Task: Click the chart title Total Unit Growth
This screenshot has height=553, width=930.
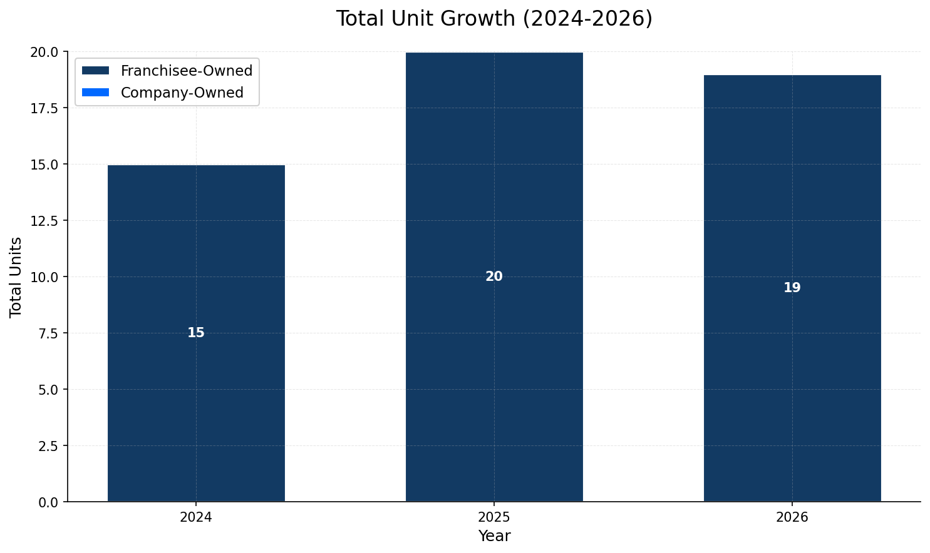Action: coord(493,19)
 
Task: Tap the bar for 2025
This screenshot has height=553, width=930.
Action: coord(494,375)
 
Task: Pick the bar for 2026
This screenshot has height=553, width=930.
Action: coord(792,388)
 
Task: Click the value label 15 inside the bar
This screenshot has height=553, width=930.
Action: coord(196,333)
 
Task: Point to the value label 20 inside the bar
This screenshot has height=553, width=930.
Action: coord(494,276)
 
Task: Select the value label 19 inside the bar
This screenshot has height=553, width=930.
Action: coord(792,288)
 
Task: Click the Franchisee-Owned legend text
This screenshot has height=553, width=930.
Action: coord(186,71)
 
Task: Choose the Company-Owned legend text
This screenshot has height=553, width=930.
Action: coord(182,93)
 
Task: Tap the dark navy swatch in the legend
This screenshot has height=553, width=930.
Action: coord(95,71)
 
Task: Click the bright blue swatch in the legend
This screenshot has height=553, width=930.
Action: coord(95,93)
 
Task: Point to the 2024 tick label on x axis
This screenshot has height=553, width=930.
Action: coord(196,517)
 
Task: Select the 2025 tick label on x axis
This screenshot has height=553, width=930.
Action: coord(494,517)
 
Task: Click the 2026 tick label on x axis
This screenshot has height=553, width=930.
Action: coord(792,517)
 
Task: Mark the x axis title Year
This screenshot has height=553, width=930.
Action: coord(494,536)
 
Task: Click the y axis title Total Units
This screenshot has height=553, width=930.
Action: coord(16,276)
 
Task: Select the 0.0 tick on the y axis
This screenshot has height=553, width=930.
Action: coord(48,502)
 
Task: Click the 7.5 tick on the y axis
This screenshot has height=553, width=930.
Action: coord(48,333)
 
